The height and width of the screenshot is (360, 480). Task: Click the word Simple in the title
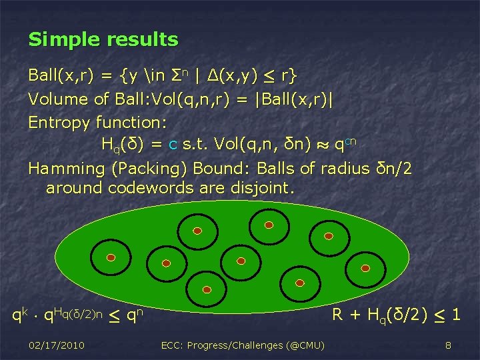[x=61, y=40]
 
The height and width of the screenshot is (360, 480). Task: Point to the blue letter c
[x=173, y=144]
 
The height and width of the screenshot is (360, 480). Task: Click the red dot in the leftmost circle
[x=111, y=257]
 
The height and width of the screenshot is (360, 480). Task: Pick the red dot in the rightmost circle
[x=365, y=267]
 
